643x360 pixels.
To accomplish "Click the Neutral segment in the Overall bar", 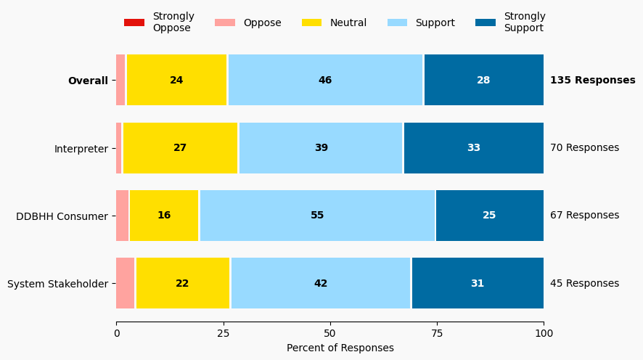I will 176,81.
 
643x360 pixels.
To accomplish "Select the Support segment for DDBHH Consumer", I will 317,216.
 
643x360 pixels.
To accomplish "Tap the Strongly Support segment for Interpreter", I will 473,148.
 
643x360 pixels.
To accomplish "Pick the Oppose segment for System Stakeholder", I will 125,283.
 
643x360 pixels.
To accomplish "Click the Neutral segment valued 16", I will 164,216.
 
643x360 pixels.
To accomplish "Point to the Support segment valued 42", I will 321,283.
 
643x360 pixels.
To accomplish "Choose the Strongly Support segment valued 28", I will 483,81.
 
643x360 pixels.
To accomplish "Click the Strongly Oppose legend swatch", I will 134,22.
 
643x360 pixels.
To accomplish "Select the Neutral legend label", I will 348,22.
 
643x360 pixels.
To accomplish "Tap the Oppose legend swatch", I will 225,22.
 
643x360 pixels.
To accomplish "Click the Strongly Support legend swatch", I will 486,22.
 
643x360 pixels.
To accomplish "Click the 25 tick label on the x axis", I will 223,334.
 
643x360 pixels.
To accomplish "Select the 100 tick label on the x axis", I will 544,334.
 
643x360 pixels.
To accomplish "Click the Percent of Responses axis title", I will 340,348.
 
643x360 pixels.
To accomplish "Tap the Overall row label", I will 88,81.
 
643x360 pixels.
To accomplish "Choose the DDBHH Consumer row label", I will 62,216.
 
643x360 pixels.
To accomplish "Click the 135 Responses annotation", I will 592,81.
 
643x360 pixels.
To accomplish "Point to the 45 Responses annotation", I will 584,283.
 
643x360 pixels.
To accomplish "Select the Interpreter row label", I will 81,148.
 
